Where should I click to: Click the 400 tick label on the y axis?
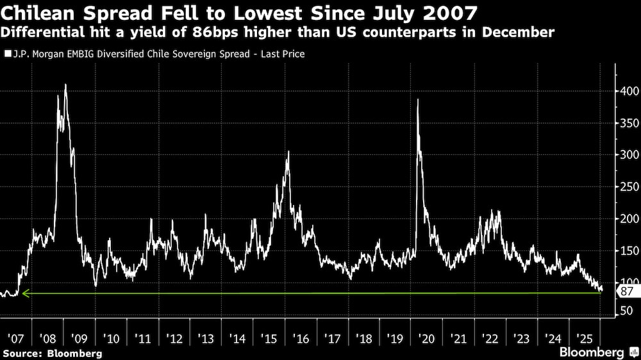pos(628,92)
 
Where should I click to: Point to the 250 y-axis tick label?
pos(628,187)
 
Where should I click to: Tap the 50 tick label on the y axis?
pos(626,312)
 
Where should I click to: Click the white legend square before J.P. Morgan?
pos(7,54)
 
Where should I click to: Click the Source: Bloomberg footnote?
pos(52,353)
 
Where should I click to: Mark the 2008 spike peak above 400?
pos(65,85)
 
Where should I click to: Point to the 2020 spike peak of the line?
pos(418,99)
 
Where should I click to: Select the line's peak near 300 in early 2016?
pos(288,152)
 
